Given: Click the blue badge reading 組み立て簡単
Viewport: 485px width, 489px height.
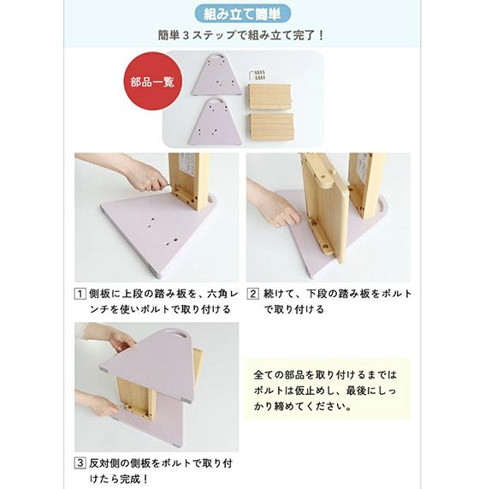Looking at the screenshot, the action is pyautogui.click(x=242, y=14).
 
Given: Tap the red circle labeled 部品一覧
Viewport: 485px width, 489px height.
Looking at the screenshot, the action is pyautogui.click(x=152, y=81).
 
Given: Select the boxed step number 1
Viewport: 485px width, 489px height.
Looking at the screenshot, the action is pyautogui.click(x=80, y=294).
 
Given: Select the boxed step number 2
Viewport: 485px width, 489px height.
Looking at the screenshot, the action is pyautogui.click(x=253, y=294).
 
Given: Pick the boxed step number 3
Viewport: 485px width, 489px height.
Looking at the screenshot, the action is pyautogui.click(x=80, y=462).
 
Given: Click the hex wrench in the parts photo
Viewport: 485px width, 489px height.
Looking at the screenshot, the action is pyautogui.click(x=251, y=75).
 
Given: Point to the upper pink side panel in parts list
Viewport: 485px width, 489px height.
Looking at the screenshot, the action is pyautogui.click(x=216, y=75).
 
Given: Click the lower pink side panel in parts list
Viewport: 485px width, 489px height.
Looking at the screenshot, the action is pyautogui.click(x=215, y=122).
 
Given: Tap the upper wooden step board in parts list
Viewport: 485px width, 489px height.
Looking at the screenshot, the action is pyautogui.click(x=269, y=96).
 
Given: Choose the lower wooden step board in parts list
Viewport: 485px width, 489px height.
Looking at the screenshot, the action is pyautogui.click(x=272, y=126).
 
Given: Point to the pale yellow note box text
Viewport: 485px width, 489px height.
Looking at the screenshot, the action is pyautogui.click(x=325, y=391).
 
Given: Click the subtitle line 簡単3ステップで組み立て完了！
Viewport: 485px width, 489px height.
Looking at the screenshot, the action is pyautogui.click(x=241, y=35).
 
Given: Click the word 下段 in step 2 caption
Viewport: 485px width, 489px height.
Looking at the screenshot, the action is pyautogui.click(x=316, y=294).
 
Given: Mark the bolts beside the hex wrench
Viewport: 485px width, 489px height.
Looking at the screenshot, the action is pyautogui.click(x=260, y=75).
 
